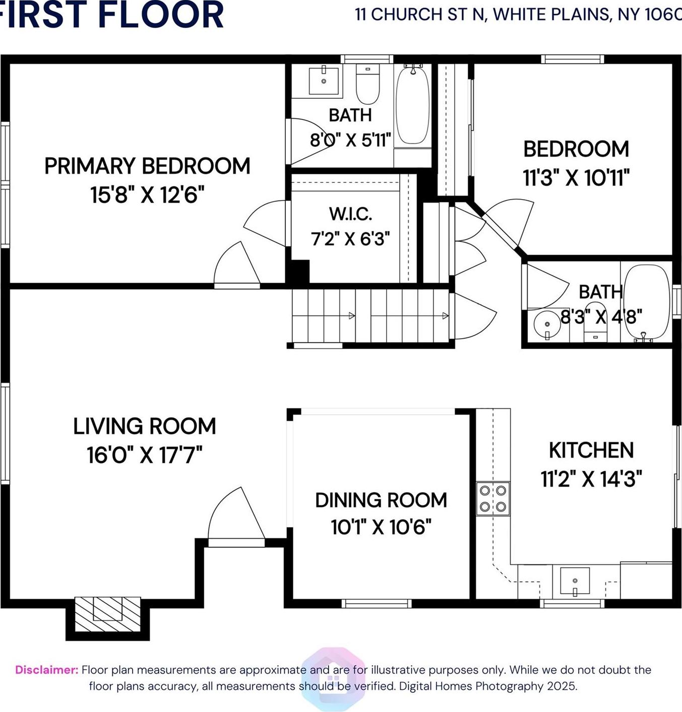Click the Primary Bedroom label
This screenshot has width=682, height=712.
pos(147,166)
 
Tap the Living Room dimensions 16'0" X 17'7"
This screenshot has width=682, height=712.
pos(145,455)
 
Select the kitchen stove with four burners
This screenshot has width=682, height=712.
pos(493,499)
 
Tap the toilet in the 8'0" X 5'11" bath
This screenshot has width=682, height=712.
pos(367,84)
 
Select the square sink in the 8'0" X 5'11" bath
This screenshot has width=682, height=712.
pos(324,80)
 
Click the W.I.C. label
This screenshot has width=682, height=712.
pos(350,214)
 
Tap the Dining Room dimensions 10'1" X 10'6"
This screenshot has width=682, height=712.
pos(381,527)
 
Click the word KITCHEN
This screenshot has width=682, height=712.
pos(591,450)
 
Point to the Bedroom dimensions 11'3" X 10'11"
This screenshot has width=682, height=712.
pos(576,177)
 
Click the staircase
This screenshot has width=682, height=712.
pos(370,315)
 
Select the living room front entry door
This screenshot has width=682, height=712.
pos(236,542)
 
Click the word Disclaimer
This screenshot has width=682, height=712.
pos(47,670)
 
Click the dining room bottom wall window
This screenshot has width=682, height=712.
pos(377,603)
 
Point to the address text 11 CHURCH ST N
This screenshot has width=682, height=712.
pos(419,15)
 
